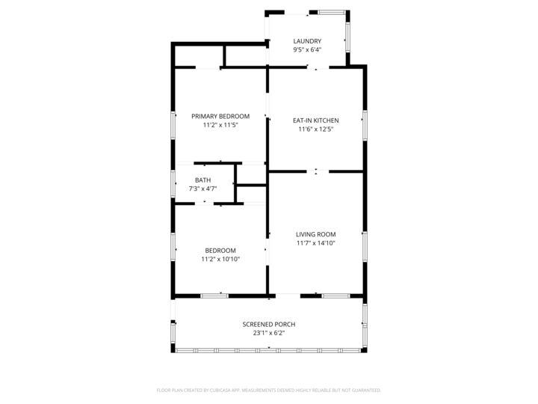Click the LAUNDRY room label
coord(307,41)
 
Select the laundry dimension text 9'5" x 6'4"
coord(307,50)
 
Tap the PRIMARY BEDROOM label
coord(220,116)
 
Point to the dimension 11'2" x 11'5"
coord(220,125)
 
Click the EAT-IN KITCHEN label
coord(315,120)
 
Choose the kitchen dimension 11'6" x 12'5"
coord(315,129)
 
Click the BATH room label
coord(202,180)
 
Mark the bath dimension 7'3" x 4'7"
coord(202,189)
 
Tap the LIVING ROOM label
coord(315,234)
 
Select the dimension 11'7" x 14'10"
coord(315,243)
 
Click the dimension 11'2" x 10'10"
coord(220,260)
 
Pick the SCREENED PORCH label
coord(269,324)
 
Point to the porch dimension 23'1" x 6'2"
coord(269,333)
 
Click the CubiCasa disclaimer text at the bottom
coord(269,390)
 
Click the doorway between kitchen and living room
coord(317,171)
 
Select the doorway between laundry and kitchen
coord(317,69)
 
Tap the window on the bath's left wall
coord(173,183)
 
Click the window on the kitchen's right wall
coord(365,125)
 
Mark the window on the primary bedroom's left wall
coord(173,125)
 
